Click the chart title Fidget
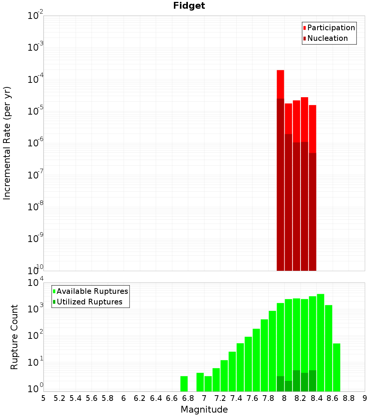tap(189, 6)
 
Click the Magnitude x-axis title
tap(204, 410)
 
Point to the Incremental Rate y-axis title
tap(7, 143)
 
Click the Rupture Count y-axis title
tap(14, 337)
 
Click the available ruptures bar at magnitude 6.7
tap(184, 383)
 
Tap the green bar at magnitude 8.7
tap(336, 367)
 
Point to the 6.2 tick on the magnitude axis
tap(140, 398)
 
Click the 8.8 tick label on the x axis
tap(349, 398)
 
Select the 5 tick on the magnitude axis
tap(43, 398)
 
